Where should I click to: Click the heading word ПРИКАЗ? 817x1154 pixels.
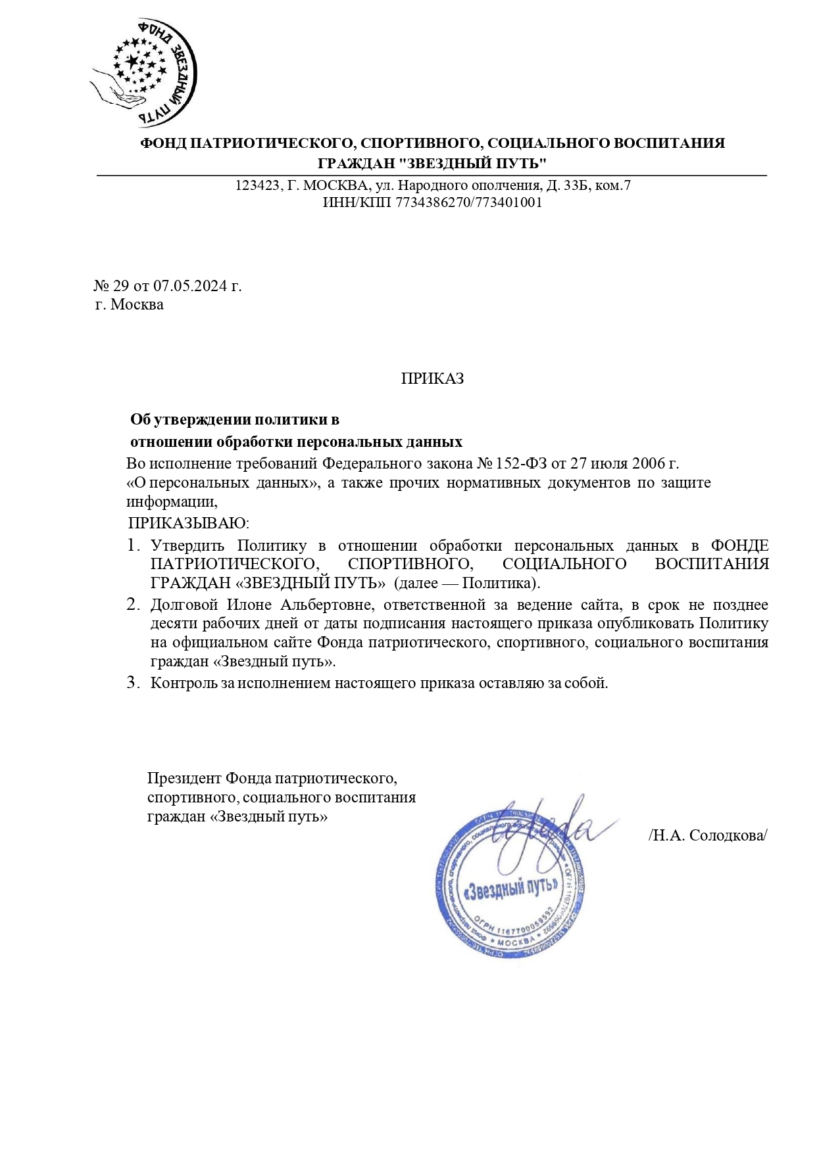click(432, 379)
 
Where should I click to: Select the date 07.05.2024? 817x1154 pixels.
click(190, 286)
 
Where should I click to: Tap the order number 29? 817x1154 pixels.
click(121, 286)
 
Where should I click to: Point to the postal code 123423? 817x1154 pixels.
click(258, 185)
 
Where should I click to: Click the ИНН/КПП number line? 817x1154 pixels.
click(432, 202)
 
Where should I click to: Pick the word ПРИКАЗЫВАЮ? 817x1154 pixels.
click(189, 523)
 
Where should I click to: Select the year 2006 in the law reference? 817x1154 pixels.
click(648, 463)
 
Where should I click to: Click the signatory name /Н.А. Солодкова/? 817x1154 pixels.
click(707, 835)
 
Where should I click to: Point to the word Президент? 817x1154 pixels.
click(184, 779)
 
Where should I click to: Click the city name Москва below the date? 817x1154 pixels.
click(137, 305)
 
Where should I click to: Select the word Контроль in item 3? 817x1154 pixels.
click(184, 683)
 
